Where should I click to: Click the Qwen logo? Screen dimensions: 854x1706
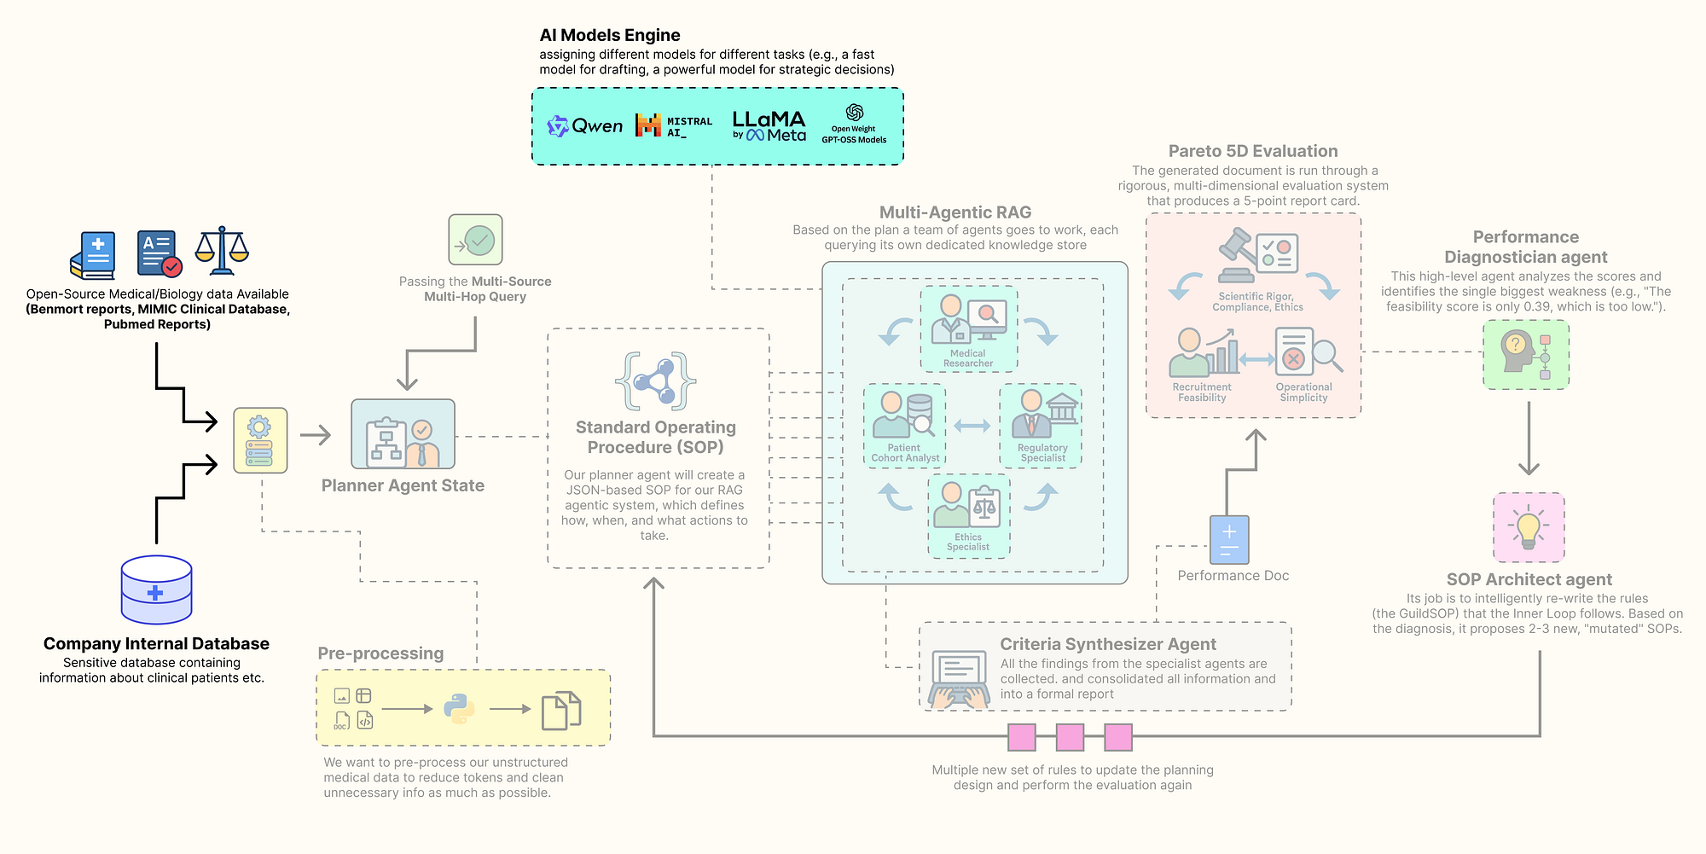(585, 126)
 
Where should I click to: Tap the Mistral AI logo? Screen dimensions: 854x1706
(673, 126)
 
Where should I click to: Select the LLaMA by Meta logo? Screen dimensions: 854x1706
(769, 125)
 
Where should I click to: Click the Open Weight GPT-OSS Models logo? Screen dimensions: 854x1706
(854, 125)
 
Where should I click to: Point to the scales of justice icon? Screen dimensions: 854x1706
(222, 251)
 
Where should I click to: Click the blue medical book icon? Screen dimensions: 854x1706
(93, 255)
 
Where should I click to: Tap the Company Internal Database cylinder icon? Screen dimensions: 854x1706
(156, 590)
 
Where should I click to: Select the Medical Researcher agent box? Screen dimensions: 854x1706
(968, 328)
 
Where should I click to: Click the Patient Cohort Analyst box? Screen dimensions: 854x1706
(904, 425)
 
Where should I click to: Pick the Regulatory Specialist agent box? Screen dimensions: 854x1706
(1041, 425)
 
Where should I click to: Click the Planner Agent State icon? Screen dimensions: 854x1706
(403, 433)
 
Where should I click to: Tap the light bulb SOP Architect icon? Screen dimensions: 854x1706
(1529, 526)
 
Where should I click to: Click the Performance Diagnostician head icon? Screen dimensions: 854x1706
(1525, 354)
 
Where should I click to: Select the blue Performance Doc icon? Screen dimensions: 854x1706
(1229, 539)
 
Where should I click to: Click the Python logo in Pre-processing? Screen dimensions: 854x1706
(459, 708)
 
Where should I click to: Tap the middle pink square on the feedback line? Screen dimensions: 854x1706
(1070, 736)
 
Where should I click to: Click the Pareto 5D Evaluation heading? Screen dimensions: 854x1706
(1252, 151)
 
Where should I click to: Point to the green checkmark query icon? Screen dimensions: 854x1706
(475, 240)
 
